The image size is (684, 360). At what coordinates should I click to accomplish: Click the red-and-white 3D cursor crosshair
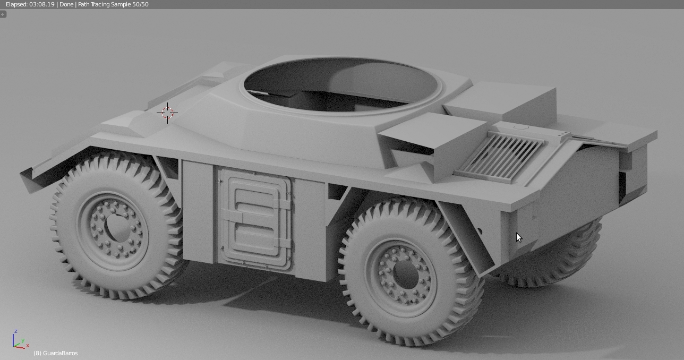click(x=167, y=113)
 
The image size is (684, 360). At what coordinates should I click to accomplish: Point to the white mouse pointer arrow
click(x=519, y=237)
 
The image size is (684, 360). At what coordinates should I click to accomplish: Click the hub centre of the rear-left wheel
click(x=406, y=274)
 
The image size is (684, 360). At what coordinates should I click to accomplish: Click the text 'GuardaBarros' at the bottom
click(x=61, y=353)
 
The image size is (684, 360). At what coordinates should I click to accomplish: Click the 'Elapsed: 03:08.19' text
click(x=30, y=4)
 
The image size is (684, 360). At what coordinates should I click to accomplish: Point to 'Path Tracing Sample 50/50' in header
click(x=113, y=4)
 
